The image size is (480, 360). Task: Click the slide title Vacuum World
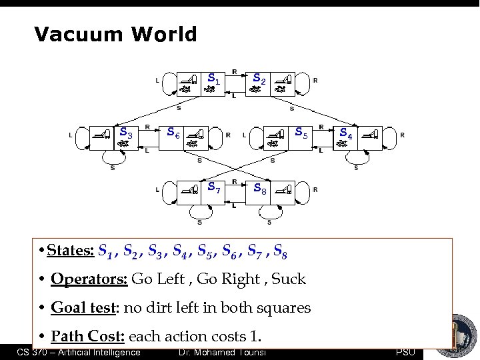coord(115,34)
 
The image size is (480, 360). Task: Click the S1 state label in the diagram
coord(214,79)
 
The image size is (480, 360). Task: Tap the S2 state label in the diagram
coord(259,80)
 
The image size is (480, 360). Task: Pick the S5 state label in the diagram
coord(301,133)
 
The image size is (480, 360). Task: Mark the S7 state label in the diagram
coord(214,187)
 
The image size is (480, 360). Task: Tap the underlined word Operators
coord(89,279)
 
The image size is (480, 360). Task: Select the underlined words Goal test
coord(80,308)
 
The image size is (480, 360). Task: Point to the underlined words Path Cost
coord(87,336)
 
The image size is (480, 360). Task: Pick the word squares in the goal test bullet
coord(283,308)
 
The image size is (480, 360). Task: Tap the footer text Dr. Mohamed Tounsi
coord(223,352)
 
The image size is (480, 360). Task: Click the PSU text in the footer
coord(405,352)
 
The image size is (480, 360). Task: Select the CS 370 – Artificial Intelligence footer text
coord(79,352)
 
